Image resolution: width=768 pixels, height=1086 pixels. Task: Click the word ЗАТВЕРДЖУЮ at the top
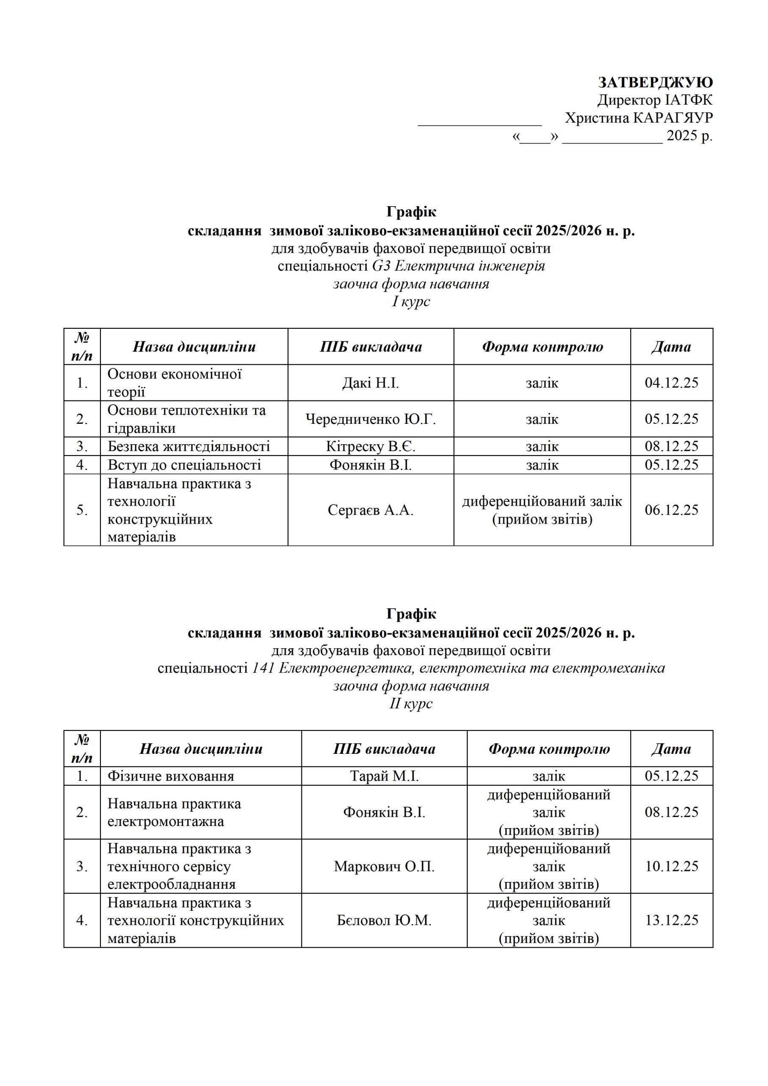pyautogui.click(x=655, y=82)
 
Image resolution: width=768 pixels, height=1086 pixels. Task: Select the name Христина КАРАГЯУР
pyautogui.click(x=638, y=118)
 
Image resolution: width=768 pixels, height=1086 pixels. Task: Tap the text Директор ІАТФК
pyautogui.click(x=654, y=100)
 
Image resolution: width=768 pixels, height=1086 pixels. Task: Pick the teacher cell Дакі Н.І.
pyautogui.click(x=370, y=383)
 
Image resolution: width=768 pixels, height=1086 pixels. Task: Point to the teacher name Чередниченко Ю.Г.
pyautogui.click(x=370, y=419)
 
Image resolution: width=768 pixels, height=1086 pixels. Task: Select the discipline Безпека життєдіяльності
pyautogui.click(x=189, y=446)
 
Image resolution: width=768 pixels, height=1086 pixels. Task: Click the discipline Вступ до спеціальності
pyautogui.click(x=184, y=465)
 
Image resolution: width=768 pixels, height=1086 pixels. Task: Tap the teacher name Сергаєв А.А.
pyautogui.click(x=370, y=510)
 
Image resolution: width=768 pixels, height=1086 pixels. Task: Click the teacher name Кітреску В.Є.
pyautogui.click(x=370, y=446)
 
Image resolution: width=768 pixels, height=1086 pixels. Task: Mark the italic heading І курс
pyautogui.click(x=411, y=301)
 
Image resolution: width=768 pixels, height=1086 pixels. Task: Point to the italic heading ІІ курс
pyautogui.click(x=411, y=703)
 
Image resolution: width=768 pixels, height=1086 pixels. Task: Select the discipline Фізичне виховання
pyautogui.click(x=171, y=776)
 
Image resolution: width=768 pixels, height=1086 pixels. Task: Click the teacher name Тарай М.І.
pyautogui.click(x=384, y=776)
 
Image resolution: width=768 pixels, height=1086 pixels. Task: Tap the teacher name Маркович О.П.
pyautogui.click(x=384, y=866)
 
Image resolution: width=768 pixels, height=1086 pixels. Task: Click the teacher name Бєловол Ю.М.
pyautogui.click(x=384, y=920)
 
